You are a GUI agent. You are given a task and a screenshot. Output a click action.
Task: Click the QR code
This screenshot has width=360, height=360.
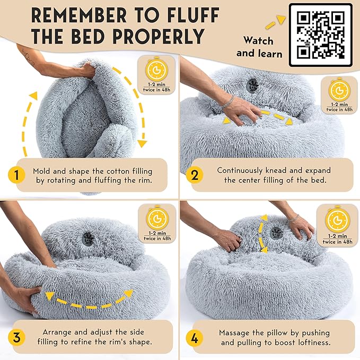321,35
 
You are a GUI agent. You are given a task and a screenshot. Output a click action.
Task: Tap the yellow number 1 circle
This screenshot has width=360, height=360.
16,175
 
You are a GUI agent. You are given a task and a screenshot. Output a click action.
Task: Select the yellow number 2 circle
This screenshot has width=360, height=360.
195,175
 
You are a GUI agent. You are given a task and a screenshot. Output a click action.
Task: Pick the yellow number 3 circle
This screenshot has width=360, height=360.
16,338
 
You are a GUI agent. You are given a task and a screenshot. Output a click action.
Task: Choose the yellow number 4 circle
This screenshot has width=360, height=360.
195,338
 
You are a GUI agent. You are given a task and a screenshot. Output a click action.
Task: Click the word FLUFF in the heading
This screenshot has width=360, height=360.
193,15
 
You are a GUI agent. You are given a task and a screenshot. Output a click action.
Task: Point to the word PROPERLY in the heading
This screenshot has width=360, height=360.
158,36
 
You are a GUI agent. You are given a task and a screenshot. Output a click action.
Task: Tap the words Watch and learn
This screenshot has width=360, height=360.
259,47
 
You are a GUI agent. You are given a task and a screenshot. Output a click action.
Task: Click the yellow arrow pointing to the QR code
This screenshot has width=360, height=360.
275,22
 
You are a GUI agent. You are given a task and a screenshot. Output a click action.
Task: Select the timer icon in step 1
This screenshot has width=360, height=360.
156,70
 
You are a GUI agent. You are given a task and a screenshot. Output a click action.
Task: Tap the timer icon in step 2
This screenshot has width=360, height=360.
339,90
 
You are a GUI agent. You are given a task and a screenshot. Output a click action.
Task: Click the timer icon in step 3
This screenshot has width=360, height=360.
157,218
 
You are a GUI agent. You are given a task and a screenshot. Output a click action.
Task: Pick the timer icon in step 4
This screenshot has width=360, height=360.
338,220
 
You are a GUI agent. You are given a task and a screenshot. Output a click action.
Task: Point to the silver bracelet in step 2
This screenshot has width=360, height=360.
227,103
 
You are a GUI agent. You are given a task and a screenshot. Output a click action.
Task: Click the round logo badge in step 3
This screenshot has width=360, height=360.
88,239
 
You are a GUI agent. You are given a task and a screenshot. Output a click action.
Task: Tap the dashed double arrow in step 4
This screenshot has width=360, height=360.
262,234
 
